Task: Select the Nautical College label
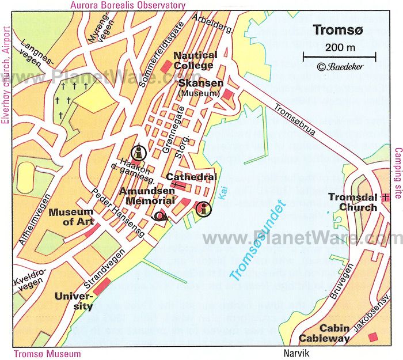click(195, 60)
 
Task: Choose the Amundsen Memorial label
click(147, 196)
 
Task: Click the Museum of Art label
click(71, 217)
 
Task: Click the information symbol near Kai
click(202, 210)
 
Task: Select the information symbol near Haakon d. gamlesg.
click(138, 153)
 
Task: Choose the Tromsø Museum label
click(47, 354)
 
